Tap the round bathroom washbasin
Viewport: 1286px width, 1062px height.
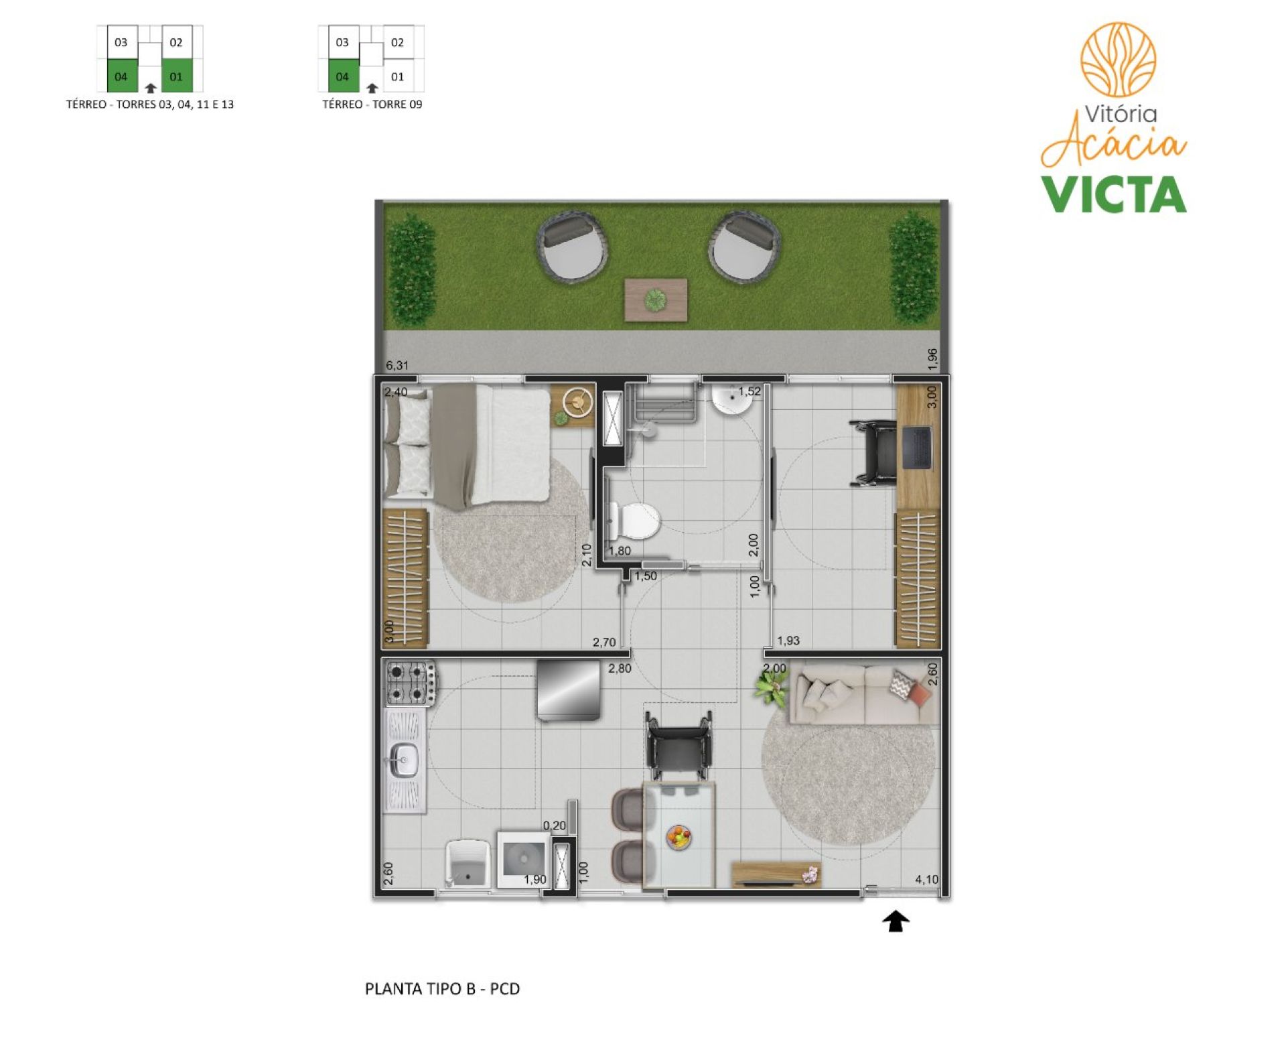731,400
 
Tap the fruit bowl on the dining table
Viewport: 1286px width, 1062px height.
678,837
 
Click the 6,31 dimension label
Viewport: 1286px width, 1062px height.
397,365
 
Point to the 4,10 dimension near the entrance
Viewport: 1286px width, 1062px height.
926,879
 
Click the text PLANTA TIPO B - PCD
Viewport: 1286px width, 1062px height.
442,989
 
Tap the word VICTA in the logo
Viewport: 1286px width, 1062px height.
1113,194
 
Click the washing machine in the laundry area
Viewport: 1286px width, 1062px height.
523,860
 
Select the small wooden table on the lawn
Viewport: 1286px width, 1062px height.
656,300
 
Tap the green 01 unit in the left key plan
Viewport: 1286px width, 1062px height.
177,76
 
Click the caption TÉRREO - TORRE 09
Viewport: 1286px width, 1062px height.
372,105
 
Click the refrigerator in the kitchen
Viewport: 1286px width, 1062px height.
569,689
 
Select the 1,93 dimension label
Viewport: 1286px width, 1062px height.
788,641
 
